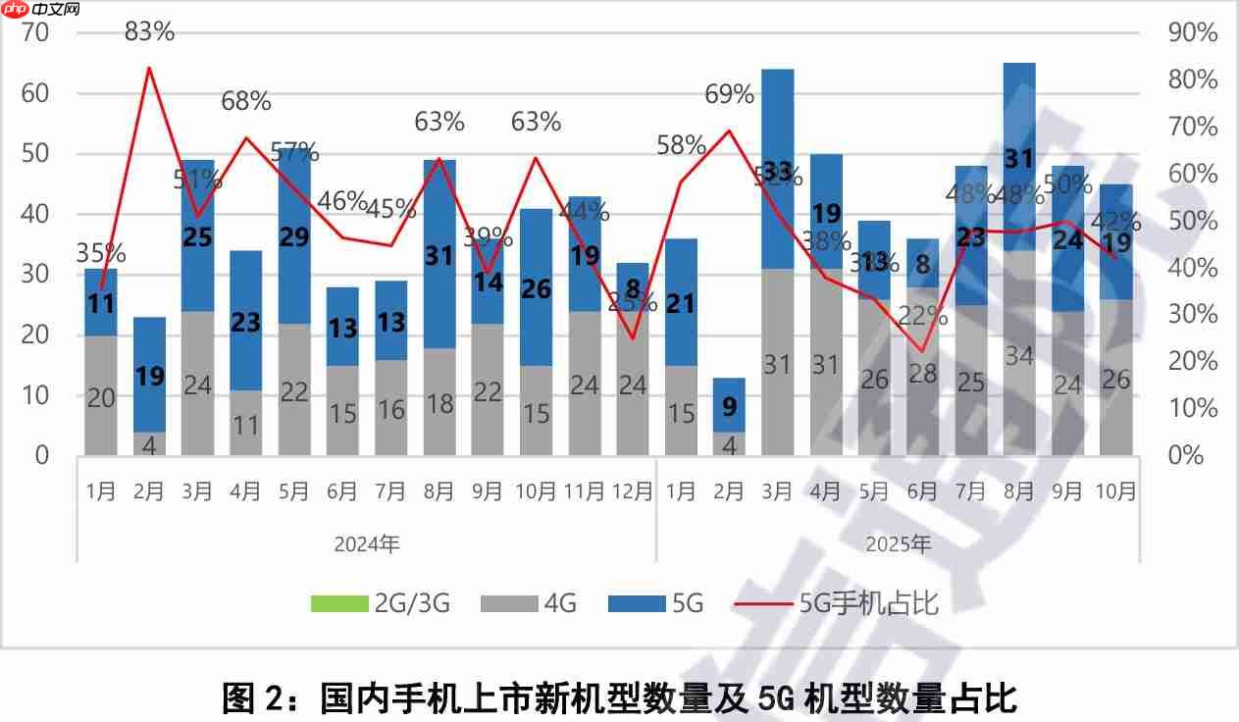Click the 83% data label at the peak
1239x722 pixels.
click(x=149, y=31)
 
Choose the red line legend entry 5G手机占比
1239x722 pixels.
click(x=834, y=603)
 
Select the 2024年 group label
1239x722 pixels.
click(x=367, y=543)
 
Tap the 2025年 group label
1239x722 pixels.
click(x=899, y=543)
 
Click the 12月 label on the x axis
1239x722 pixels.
click(x=632, y=490)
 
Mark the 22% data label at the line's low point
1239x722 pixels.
click(x=923, y=316)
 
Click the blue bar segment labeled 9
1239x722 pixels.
click(x=729, y=404)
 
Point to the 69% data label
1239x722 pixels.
click(x=729, y=95)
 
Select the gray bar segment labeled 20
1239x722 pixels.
click(x=101, y=396)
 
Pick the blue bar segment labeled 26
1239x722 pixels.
click(x=536, y=288)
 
